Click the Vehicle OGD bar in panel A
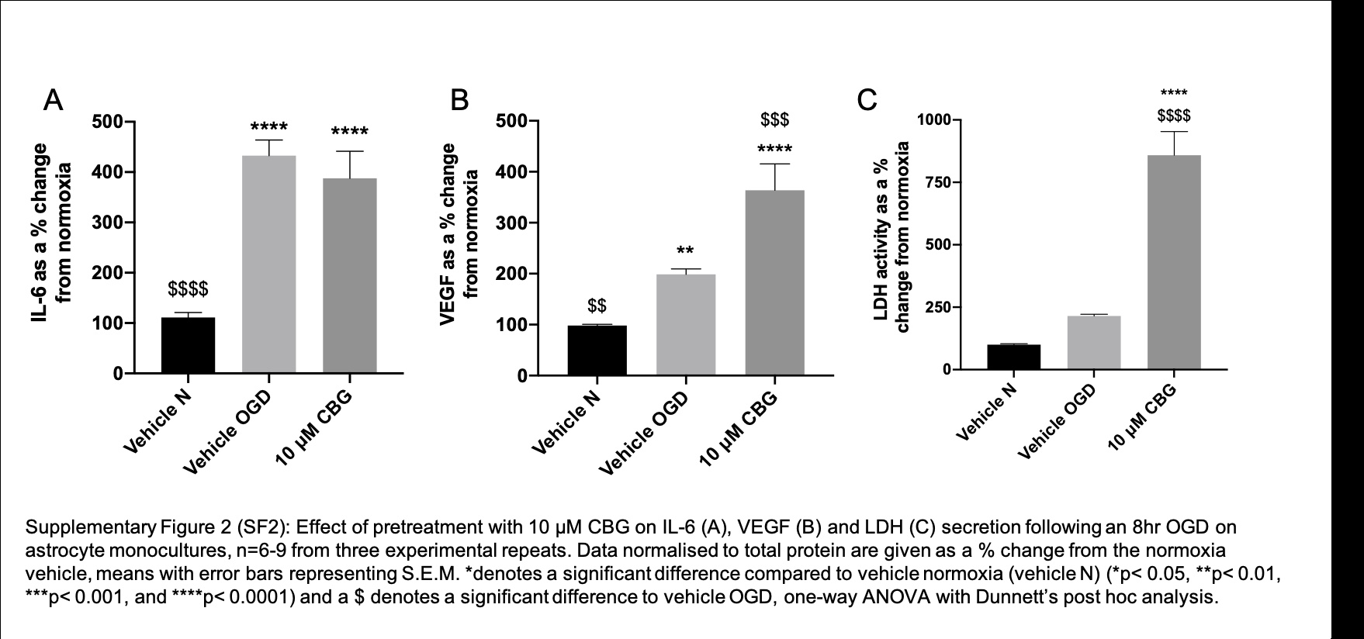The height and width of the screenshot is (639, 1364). [268, 264]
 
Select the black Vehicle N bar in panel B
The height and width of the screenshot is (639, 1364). [597, 351]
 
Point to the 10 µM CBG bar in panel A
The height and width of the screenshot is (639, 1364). [350, 276]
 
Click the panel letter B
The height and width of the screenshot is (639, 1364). [460, 100]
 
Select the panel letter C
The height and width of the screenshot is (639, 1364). [866, 100]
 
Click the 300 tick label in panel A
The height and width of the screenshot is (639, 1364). [107, 223]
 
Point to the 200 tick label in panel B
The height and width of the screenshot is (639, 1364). [513, 274]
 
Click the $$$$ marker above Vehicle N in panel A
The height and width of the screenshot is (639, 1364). [188, 289]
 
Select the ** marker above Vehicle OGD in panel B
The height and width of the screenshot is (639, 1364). [685, 251]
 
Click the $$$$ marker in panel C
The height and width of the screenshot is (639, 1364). [1173, 116]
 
